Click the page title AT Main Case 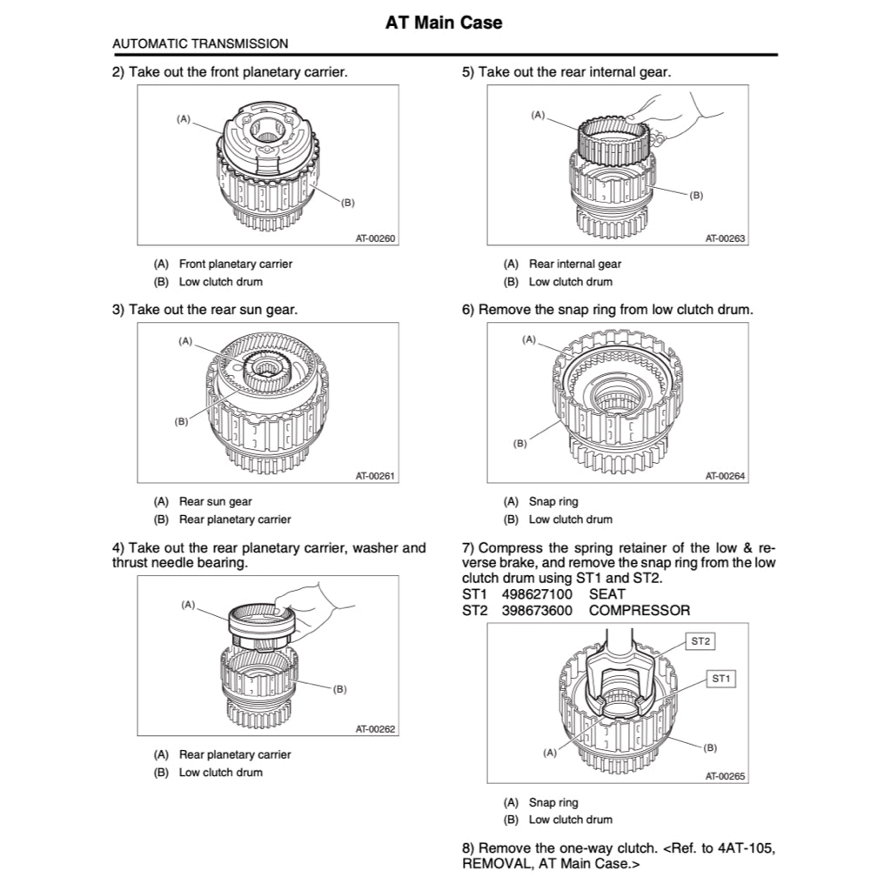click(444, 23)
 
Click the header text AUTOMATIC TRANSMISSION click(201, 43)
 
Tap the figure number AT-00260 click(376, 238)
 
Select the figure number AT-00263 click(726, 238)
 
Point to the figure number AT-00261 click(376, 476)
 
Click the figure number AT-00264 click(726, 476)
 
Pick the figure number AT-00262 click(376, 729)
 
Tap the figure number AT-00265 click(726, 777)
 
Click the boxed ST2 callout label click(700, 641)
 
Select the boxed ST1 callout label click(721, 678)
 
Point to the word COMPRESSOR click(639, 611)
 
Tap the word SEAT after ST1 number click(607, 594)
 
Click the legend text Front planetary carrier click(236, 264)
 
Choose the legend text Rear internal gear click(575, 264)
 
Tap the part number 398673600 click(537, 611)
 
